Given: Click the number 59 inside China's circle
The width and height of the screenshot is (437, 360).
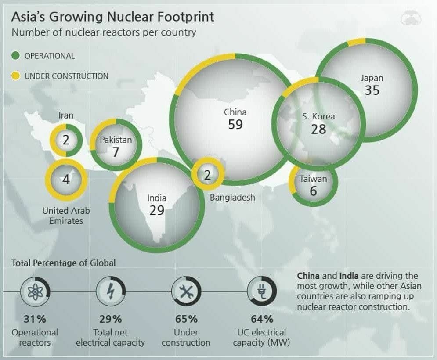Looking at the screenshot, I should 235,124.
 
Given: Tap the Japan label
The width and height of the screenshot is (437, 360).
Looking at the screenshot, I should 372,78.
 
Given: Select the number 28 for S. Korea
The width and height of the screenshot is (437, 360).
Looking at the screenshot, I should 318,129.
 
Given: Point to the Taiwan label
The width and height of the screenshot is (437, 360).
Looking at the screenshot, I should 313,179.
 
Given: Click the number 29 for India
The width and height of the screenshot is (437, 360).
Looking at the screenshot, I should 157,210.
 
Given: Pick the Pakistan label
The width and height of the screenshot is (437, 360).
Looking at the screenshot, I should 116,140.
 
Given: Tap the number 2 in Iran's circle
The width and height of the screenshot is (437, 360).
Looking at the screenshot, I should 66,140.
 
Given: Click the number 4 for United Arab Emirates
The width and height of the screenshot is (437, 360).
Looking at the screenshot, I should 66,180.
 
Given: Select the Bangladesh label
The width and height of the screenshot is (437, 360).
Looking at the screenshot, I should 232,198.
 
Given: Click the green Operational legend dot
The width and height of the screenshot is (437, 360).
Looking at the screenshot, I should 16,56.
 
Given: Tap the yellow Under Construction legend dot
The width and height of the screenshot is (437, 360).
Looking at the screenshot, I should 16,76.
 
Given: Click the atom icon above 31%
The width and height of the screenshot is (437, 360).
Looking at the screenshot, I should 35,291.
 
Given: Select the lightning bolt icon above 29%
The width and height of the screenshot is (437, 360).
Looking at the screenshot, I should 110,291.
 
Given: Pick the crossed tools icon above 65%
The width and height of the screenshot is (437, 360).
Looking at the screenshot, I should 186,291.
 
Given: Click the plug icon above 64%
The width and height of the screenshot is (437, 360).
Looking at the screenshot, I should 262,291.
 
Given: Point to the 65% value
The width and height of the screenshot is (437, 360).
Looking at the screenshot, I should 186,319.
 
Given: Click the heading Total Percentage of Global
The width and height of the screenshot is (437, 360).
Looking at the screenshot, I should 64,263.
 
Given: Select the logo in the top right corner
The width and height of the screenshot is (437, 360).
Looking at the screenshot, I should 411,18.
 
